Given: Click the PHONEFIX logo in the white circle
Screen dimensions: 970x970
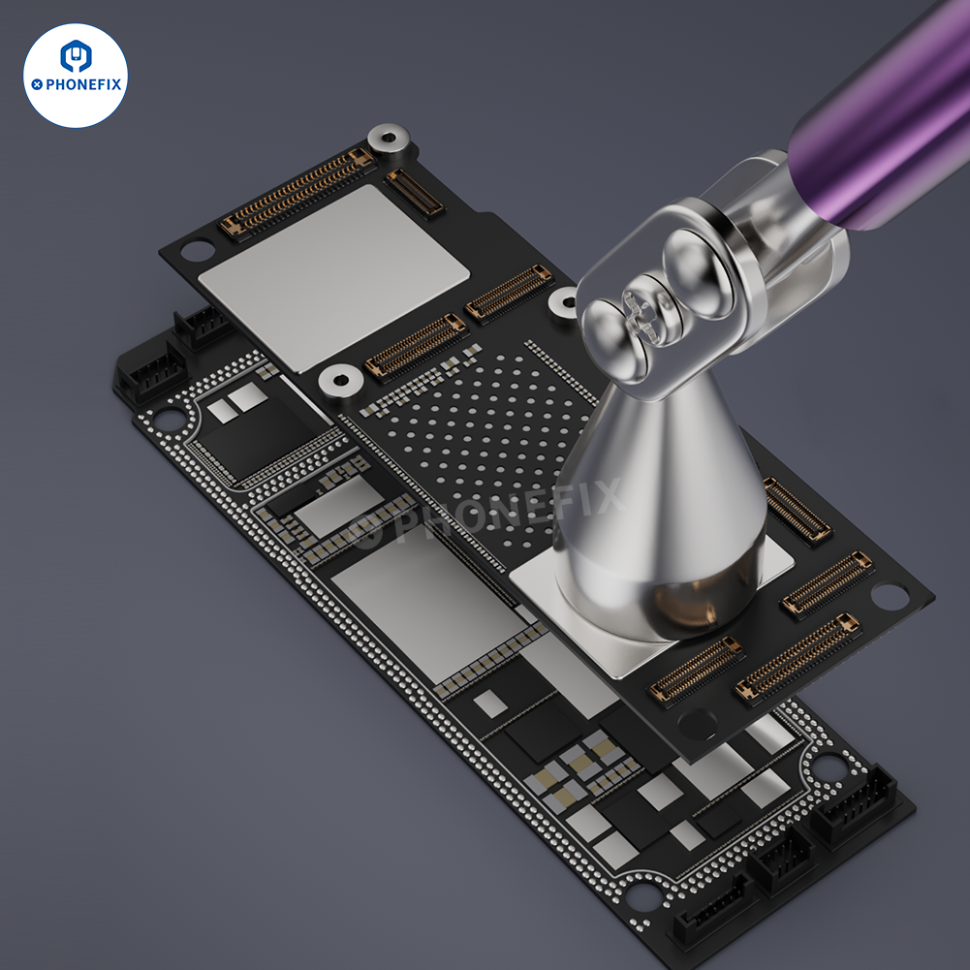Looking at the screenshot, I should click(76, 75).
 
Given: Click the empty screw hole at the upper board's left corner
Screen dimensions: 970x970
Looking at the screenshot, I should click(197, 251).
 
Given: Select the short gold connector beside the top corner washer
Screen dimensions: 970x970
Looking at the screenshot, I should click(415, 192).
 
